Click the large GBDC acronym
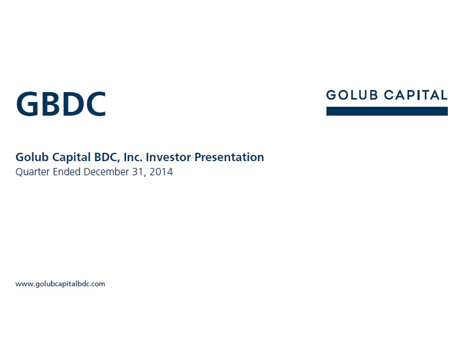point(61,104)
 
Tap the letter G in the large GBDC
point(27,104)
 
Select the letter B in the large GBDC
point(51,104)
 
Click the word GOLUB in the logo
point(352,95)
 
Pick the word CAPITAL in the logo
point(416,95)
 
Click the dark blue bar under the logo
point(387,111)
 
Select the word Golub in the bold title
point(32,157)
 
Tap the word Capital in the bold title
point(72,157)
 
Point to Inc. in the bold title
point(133,157)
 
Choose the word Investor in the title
point(168,157)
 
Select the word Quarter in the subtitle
point(32,172)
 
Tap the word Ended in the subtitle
point(66,172)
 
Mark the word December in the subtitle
point(106,172)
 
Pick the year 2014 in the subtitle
point(161,172)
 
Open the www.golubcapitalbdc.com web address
point(60,284)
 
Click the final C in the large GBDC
point(96,104)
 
